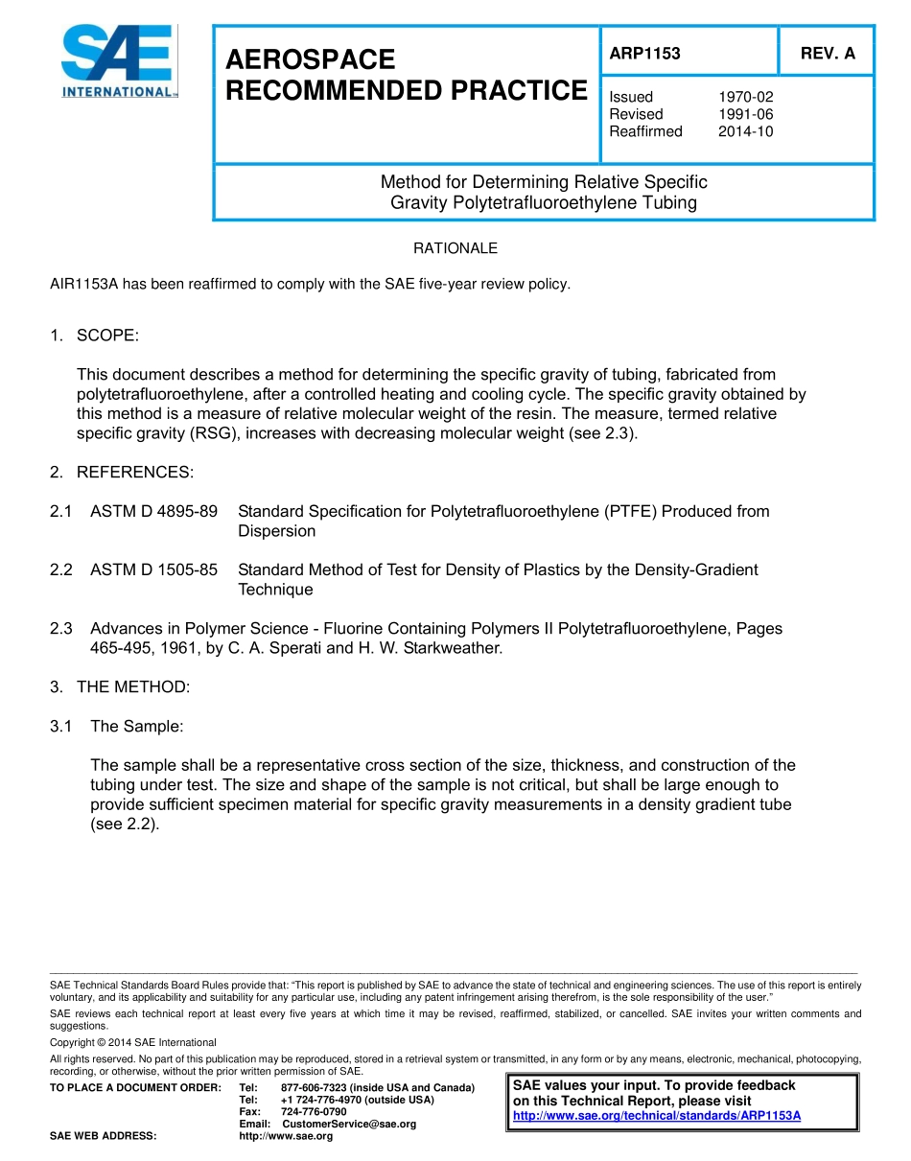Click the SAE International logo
coord(117,61)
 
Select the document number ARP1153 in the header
coord(644,54)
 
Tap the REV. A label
coord(828,54)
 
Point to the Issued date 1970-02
coord(745,97)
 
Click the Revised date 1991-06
coord(745,114)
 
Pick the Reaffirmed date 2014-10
coord(745,131)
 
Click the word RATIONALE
coord(455,248)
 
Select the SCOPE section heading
coord(107,336)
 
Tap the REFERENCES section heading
coord(134,472)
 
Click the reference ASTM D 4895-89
coord(153,511)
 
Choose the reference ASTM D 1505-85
coord(153,569)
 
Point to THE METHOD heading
coord(133,686)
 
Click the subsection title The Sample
coord(136,726)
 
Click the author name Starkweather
coord(453,648)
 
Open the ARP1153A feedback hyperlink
coord(657,1116)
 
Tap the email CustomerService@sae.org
coord(349,1124)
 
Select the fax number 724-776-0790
coord(314,1111)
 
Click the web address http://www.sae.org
coord(286,1136)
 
